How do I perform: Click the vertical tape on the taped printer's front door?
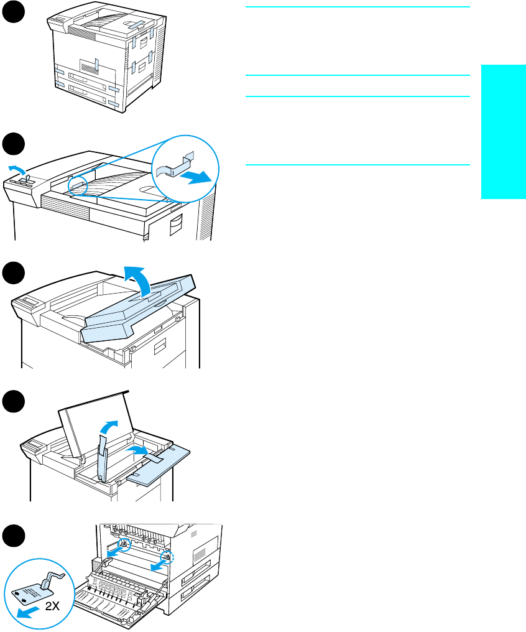(x=96, y=64)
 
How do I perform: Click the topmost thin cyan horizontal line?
(x=357, y=7)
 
